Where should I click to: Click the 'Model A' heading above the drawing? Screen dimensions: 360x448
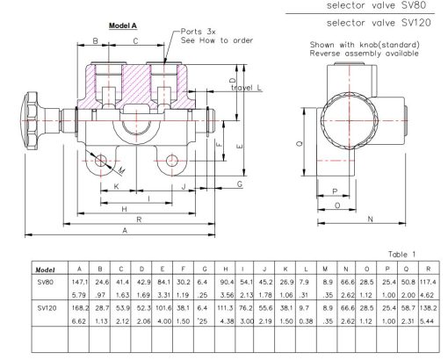click(120, 27)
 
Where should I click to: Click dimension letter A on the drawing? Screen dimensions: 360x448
click(126, 230)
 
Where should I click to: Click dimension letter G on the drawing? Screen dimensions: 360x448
click(239, 184)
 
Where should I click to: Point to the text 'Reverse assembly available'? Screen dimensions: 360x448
click(364, 53)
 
